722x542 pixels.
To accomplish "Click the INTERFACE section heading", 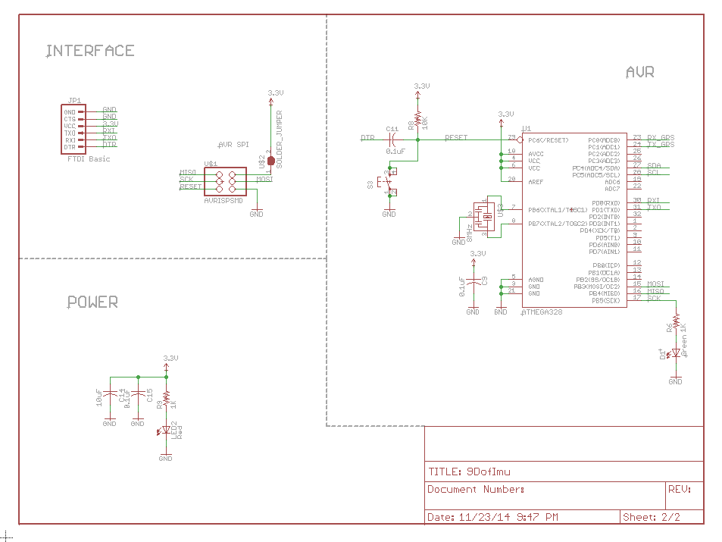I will tap(90, 51).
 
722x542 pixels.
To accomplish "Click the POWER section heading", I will tap(92, 302).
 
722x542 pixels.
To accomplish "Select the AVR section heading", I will tap(639, 72).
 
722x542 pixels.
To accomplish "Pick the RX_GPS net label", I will tap(661, 137).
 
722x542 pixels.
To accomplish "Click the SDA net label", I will tap(654, 165).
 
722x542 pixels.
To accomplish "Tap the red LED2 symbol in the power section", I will tap(165, 430).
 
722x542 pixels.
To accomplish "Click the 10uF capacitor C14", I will tap(110, 395).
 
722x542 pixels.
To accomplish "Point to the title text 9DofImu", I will tap(488, 471).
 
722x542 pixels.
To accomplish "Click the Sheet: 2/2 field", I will tap(651, 517).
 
